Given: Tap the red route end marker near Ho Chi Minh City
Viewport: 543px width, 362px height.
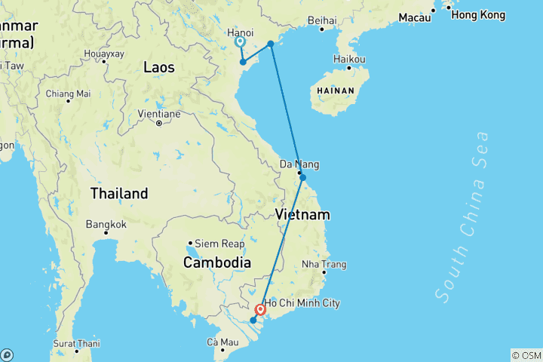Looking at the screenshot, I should coord(260,309).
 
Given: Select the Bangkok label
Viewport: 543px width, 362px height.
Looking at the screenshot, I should coord(106,224).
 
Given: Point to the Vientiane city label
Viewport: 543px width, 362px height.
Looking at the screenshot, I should coord(160,114).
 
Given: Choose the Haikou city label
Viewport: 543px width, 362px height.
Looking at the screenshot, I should coord(349,59).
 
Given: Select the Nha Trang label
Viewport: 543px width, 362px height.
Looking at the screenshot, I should coord(324,264).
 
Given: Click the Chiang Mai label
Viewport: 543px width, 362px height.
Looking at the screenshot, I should coord(68,94).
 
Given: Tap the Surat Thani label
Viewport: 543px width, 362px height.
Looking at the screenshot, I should coord(76,342).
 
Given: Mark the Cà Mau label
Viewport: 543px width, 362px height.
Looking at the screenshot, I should coord(223,342).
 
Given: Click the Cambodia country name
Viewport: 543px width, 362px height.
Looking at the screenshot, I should coord(217,262).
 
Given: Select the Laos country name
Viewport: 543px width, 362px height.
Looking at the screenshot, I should coord(158,67).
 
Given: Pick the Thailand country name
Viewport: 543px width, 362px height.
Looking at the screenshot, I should coord(119,193).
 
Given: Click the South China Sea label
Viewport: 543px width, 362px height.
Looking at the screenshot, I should coord(463,215).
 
